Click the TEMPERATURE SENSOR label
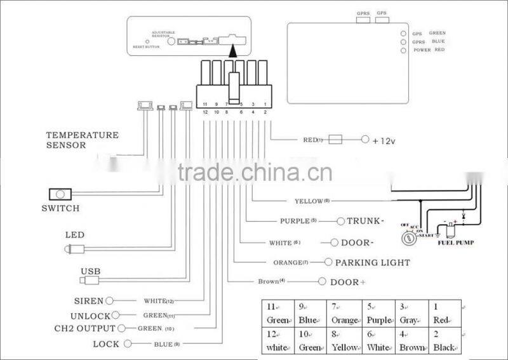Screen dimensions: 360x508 pyautogui.click(x=82, y=140)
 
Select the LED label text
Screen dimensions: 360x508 pyautogui.click(x=74, y=234)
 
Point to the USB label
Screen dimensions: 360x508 pyautogui.click(x=90, y=271)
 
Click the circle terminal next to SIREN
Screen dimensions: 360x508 pyautogui.click(x=110, y=300)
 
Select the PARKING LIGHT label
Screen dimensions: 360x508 pyautogui.click(x=372, y=262)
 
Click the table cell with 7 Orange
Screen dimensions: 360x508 pyautogui.click(x=344, y=314)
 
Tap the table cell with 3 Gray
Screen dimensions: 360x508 pyautogui.click(x=410, y=314)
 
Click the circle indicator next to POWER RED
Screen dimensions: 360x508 pyautogui.click(x=403, y=50)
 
